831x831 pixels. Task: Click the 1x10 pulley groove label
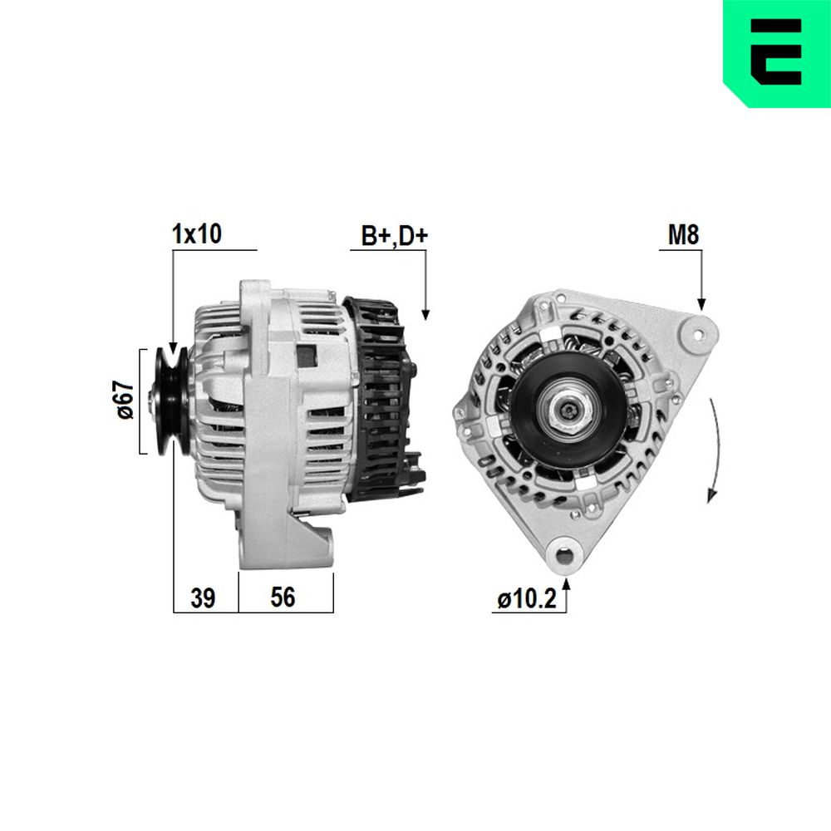[x=196, y=234]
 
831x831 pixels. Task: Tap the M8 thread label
[x=684, y=235]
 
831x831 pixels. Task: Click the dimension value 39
[x=203, y=597]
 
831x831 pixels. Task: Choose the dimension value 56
[x=283, y=597]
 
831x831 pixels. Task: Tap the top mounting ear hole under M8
[x=698, y=334]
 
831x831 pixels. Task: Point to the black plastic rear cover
[x=382, y=399]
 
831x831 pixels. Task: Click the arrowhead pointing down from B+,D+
[x=425, y=313]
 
